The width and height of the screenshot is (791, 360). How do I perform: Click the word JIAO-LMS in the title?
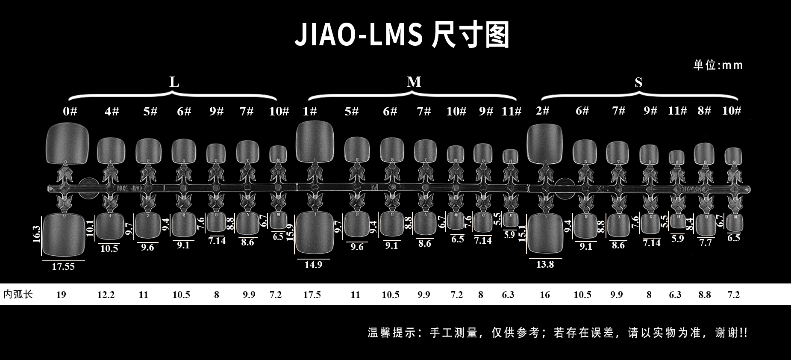[x=358, y=35]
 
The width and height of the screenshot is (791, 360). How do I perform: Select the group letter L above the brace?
[x=174, y=82]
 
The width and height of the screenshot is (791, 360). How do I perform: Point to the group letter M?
[x=414, y=82]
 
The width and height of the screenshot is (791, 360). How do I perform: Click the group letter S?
[x=638, y=83]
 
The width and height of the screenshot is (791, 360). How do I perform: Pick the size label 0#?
[x=70, y=111]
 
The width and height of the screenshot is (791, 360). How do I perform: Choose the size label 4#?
[x=112, y=111]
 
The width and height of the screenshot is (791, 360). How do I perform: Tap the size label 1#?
[x=310, y=111]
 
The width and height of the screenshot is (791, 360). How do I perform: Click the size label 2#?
[x=542, y=111]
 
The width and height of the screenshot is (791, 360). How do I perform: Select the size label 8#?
[x=704, y=111]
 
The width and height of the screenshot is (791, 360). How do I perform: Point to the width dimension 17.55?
[x=63, y=266]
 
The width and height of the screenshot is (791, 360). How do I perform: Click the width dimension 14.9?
[x=313, y=265]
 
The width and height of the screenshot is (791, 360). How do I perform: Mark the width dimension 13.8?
[x=545, y=264]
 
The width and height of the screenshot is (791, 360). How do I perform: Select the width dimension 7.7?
[x=706, y=242]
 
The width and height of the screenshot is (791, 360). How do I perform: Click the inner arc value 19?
[x=61, y=295]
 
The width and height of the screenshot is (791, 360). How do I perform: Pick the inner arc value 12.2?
[x=106, y=295]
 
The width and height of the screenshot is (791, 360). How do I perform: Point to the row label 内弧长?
[x=18, y=295]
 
